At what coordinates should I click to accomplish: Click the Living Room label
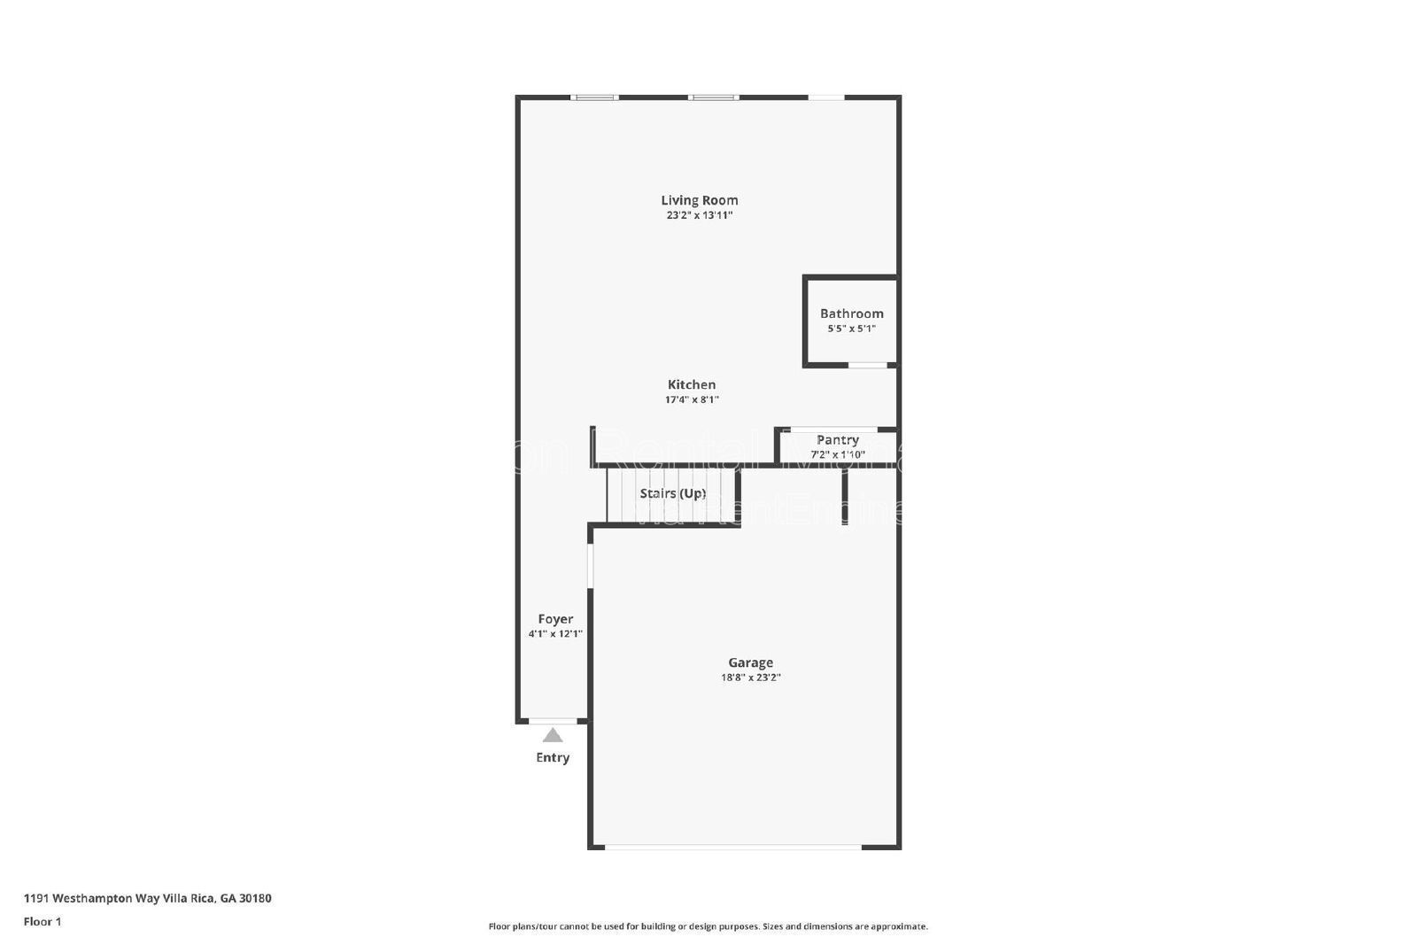[699, 200]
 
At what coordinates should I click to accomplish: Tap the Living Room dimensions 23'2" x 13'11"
[699, 215]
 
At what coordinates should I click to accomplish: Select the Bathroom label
[851, 314]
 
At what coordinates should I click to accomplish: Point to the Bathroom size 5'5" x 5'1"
[851, 329]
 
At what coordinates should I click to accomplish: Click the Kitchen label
[692, 384]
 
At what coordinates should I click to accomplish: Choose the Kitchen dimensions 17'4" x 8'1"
[692, 399]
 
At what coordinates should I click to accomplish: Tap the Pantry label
[837, 439]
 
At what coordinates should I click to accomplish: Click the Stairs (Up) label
[673, 493]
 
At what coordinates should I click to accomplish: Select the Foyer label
[555, 619]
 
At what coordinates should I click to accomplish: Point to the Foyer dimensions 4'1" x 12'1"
[555, 634]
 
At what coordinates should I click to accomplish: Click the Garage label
[750, 662]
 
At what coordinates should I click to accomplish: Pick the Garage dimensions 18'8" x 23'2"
[750, 678]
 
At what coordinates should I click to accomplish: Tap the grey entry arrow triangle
[553, 735]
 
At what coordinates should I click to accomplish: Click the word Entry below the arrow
[553, 757]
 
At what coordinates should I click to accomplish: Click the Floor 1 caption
[43, 921]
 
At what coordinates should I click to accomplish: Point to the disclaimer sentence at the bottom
[708, 926]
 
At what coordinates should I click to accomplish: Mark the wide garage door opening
[732, 848]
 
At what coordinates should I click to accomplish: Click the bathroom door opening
[868, 365]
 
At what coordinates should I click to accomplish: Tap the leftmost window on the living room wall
[594, 97]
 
